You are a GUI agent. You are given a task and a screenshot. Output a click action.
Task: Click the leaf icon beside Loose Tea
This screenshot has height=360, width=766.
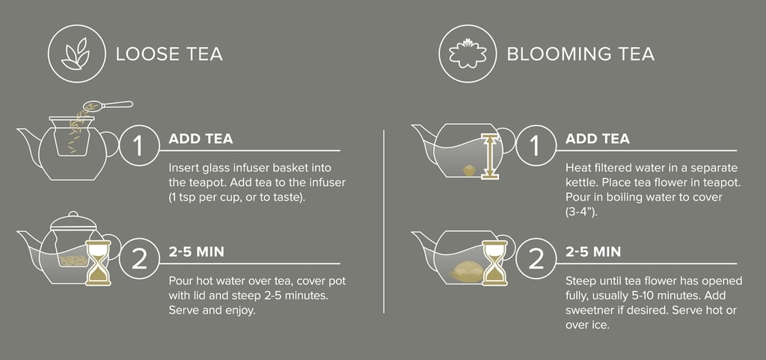[74, 54]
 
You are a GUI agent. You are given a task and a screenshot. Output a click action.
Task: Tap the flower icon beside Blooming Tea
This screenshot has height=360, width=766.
[465, 54]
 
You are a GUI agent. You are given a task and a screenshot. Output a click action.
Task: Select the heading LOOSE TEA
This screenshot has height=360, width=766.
[169, 54]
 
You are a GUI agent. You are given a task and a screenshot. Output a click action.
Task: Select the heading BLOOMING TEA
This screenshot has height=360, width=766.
[580, 54]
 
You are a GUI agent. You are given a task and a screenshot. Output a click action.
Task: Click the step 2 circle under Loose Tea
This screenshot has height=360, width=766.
[138, 258]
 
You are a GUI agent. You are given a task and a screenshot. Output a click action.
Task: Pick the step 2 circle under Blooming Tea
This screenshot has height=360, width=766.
[534, 258]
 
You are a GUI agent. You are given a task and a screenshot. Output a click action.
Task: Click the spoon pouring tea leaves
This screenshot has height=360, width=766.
[112, 106]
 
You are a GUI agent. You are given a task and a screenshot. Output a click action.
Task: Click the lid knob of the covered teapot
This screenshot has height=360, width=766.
[72, 214]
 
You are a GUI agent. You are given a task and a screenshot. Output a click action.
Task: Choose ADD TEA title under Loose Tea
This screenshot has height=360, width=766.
[200, 138]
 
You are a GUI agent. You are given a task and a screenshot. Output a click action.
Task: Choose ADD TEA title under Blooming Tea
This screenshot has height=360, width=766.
[597, 138]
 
